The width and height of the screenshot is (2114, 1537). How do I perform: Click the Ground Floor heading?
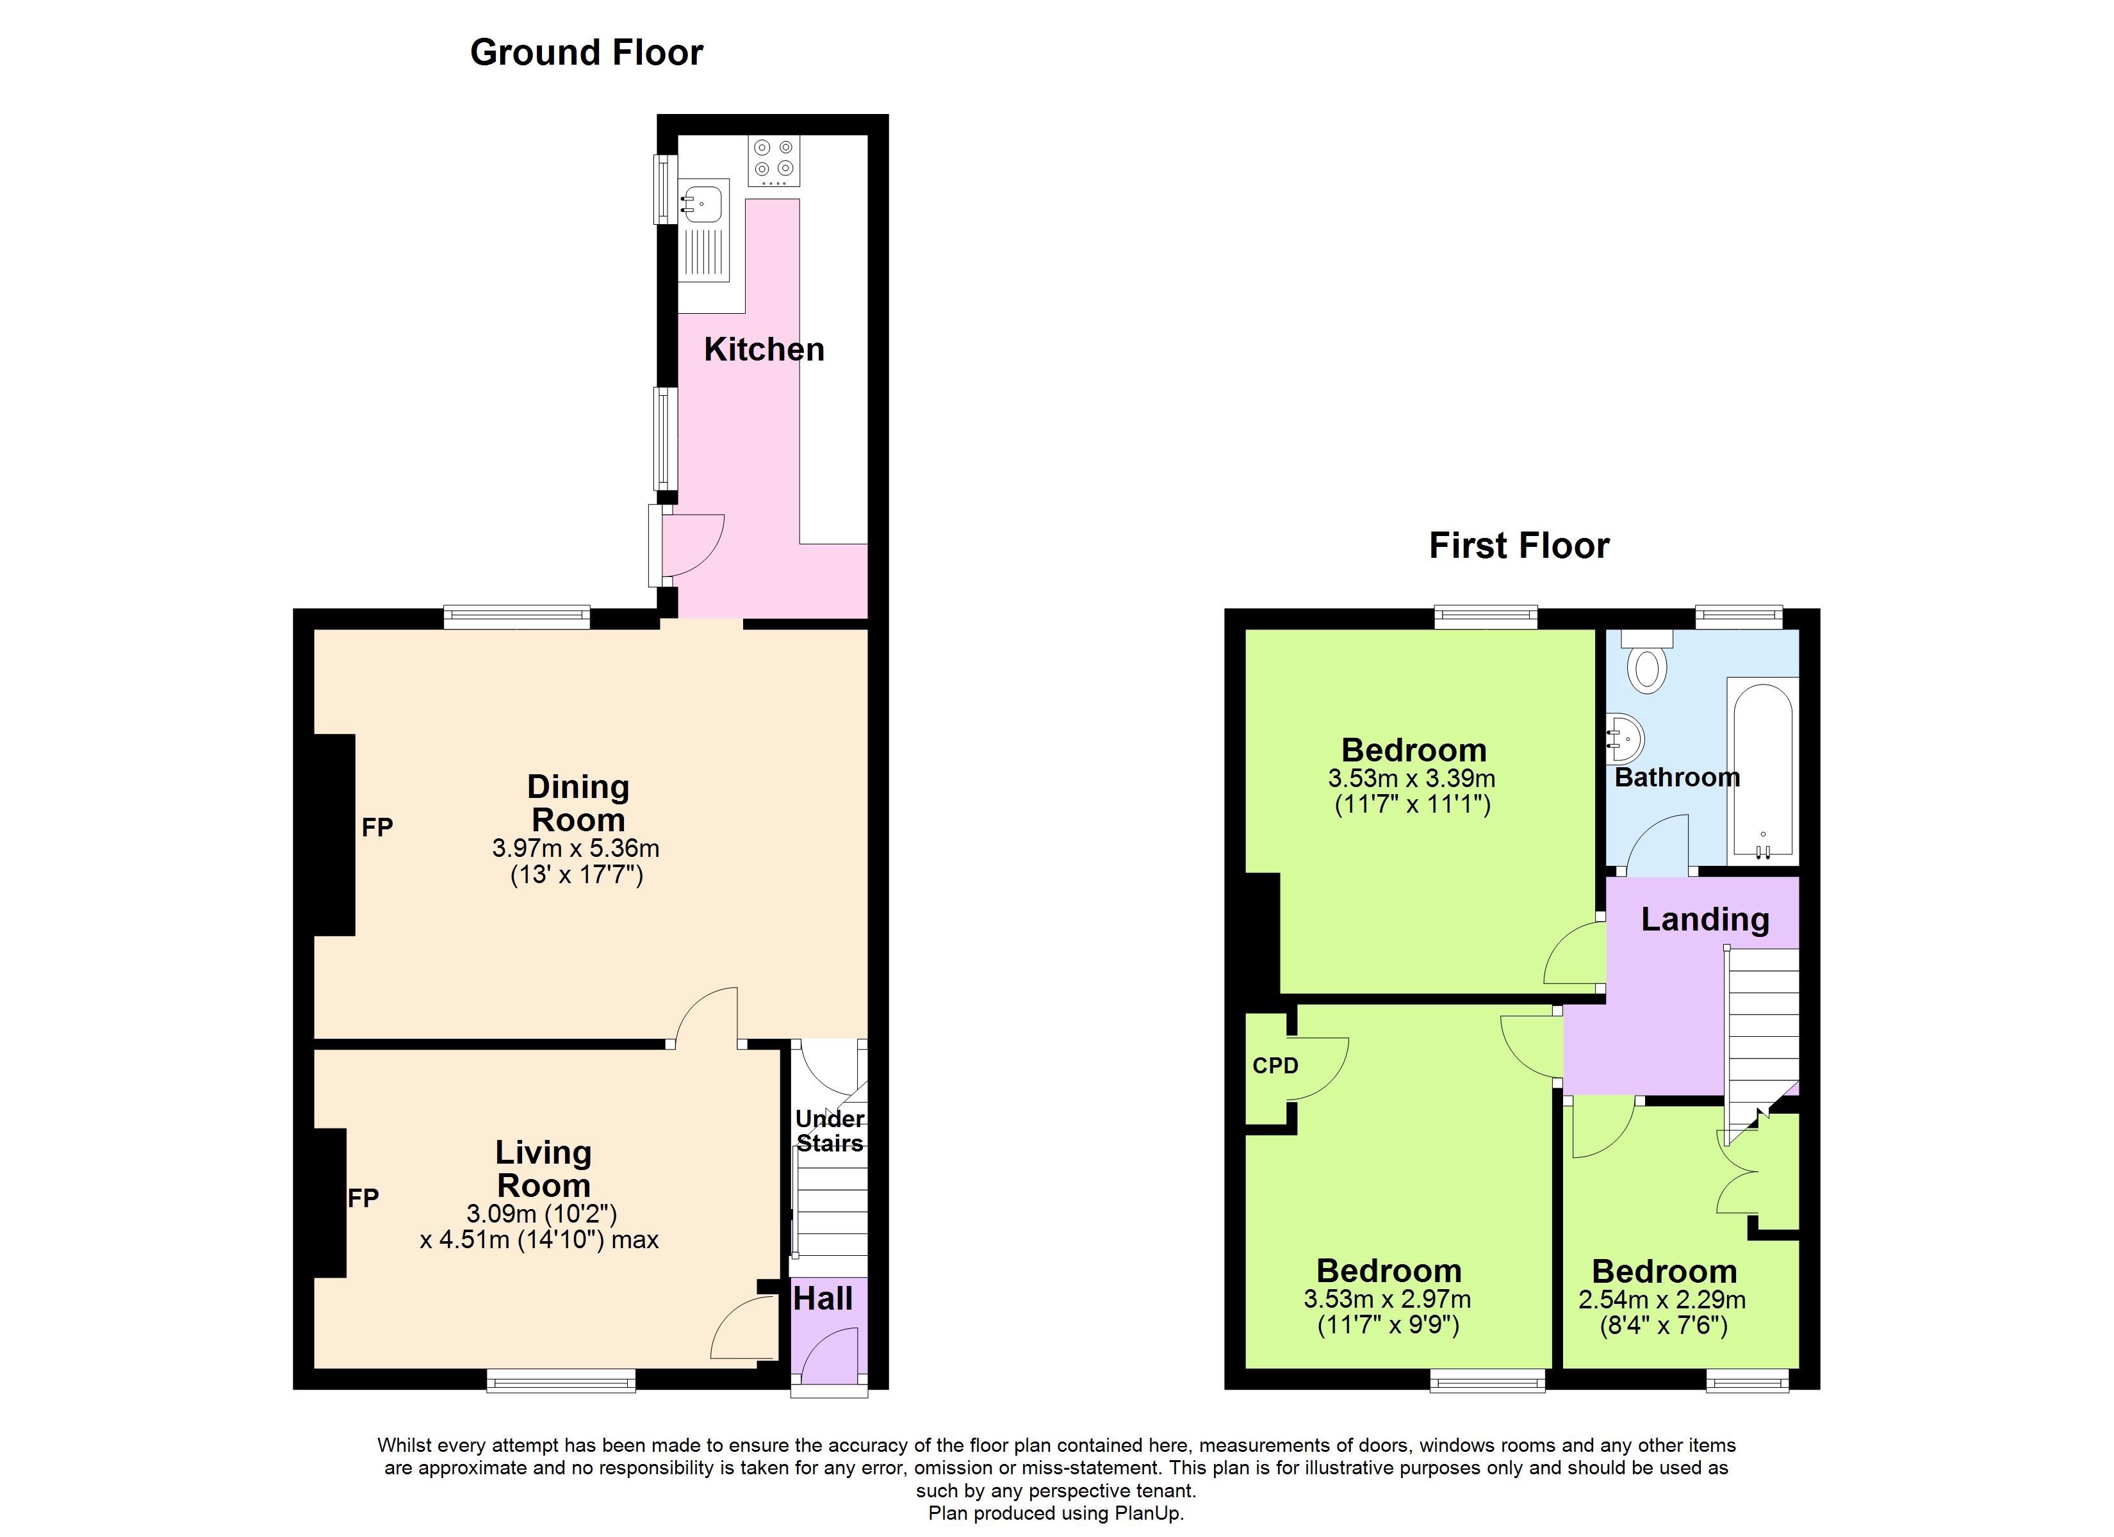(x=586, y=53)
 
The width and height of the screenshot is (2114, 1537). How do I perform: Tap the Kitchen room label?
(x=764, y=350)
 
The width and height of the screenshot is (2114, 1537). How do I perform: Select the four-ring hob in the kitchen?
(x=774, y=160)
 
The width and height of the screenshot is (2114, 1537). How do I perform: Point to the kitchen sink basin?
(x=702, y=204)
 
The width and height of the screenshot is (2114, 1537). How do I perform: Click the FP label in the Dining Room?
(x=377, y=827)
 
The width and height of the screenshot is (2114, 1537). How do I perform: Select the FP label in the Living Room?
(x=363, y=1198)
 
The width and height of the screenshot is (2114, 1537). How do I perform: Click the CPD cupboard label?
(x=1275, y=1066)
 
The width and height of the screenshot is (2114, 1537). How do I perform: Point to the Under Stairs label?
(x=830, y=1130)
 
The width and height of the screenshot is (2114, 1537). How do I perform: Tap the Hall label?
(x=823, y=1298)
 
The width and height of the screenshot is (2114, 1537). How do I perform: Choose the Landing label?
(x=1705, y=920)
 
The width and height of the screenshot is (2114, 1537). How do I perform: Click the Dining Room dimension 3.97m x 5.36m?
(x=576, y=848)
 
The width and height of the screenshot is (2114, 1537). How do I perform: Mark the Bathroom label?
(x=1677, y=777)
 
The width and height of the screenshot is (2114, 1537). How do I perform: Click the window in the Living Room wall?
(x=561, y=1380)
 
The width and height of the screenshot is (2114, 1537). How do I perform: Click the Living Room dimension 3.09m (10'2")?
(x=541, y=1214)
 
